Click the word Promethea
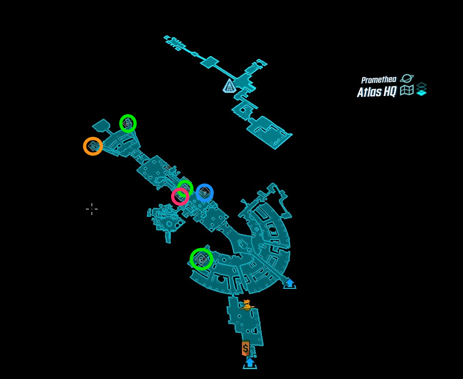tap(378, 80)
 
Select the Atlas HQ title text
tap(376, 92)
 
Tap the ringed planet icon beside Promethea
tap(407, 78)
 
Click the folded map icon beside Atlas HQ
tap(407, 90)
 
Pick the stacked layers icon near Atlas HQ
tap(421, 89)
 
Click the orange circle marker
tap(93, 146)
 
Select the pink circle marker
tap(180, 197)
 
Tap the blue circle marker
tap(204, 192)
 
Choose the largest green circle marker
tap(201, 259)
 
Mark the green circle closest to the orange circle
tap(128, 123)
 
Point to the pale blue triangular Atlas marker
tap(230, 86)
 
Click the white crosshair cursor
tap(92, 209)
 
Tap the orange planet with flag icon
tap(247, 306)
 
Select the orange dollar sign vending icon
tap(245, 348)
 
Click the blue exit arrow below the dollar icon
tap(250, 363)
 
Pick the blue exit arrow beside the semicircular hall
tap(289, 283)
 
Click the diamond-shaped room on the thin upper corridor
tap(209, 62)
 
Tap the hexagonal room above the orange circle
tap(101, 125)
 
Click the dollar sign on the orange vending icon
tap(245, 348)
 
